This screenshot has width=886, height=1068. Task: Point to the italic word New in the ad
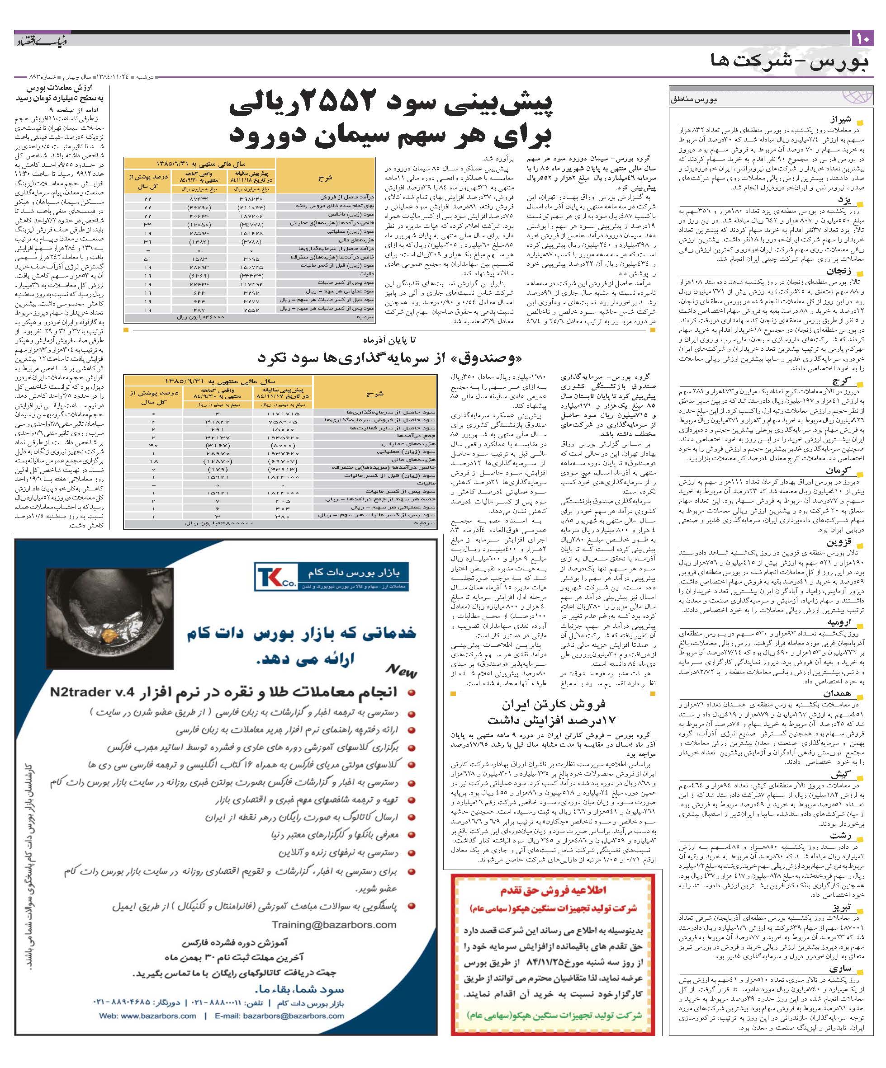pyautogui.click(x=402, y=670)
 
